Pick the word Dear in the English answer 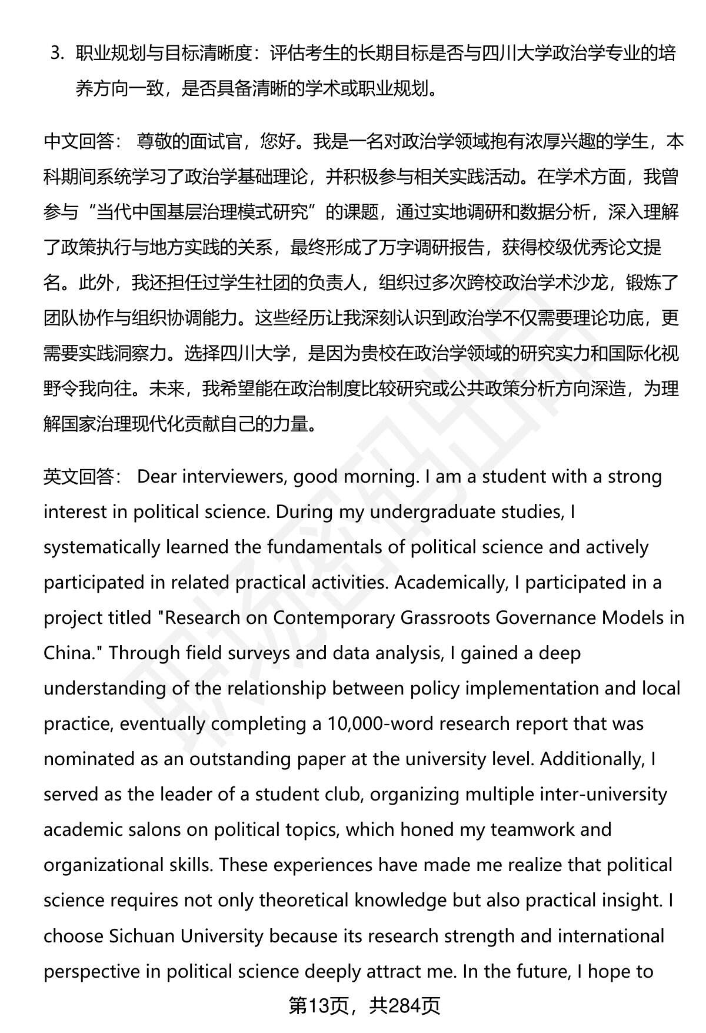click(156, 477)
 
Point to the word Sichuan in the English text click(142, 936)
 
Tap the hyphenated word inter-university click(566, 795)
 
